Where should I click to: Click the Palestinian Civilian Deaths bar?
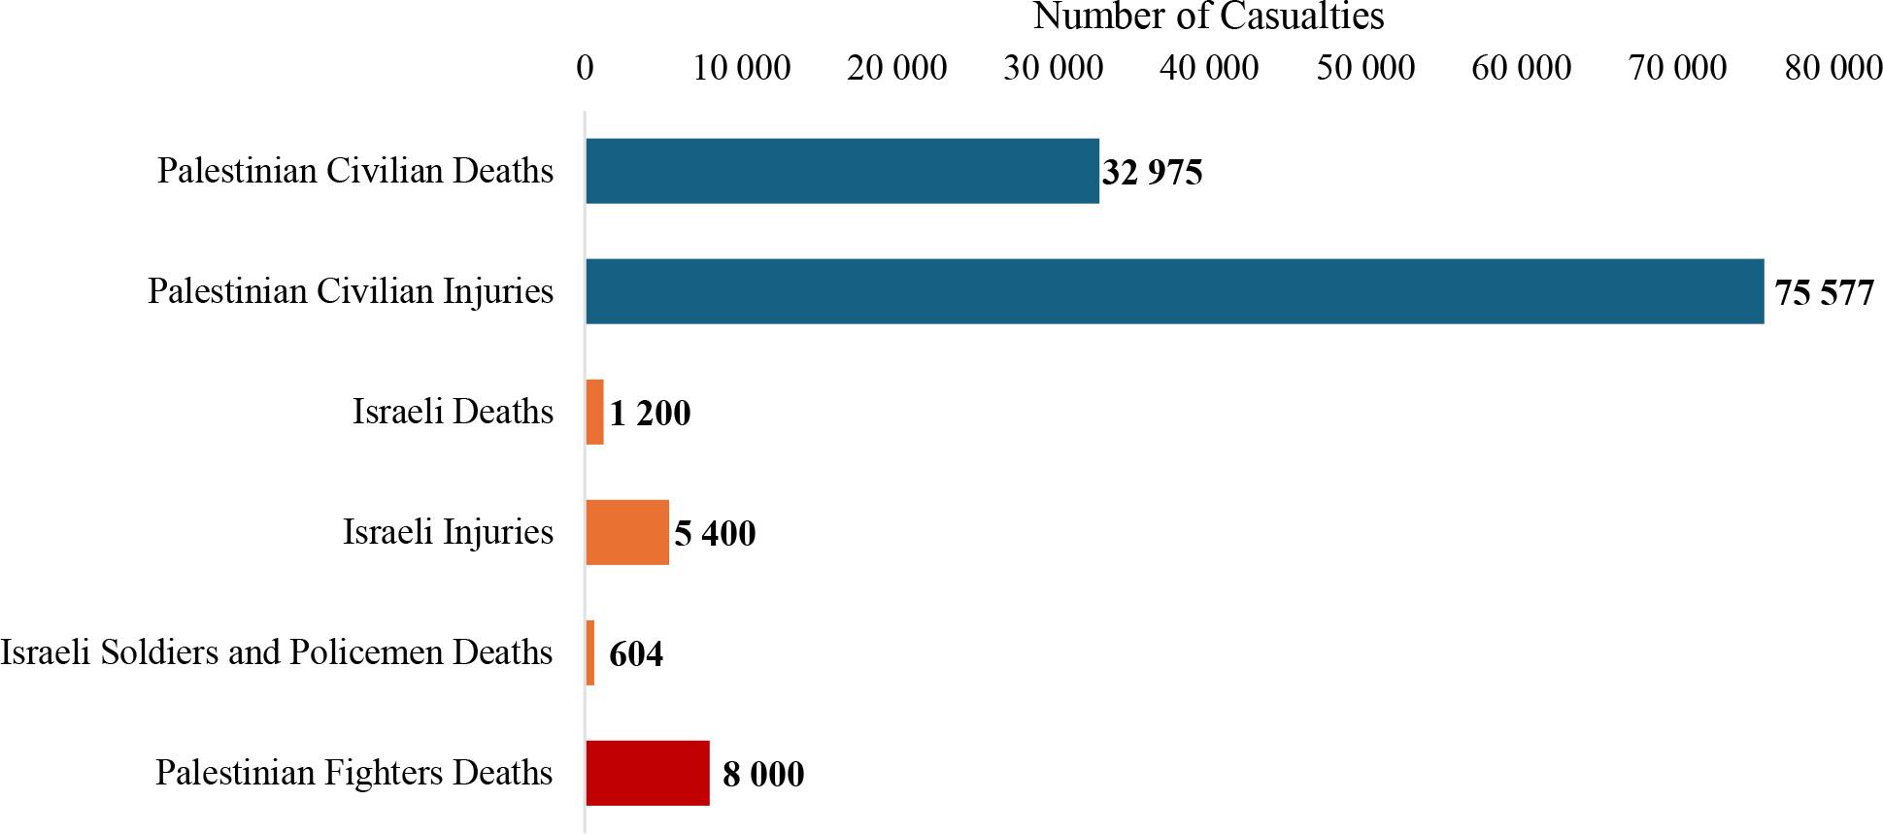click(842, 171)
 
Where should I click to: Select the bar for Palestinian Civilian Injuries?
click(1174, 291)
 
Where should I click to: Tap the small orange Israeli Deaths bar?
click(594, 412)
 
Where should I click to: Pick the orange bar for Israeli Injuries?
click(627, 532)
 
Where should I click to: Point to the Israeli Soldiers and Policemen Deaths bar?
click(590, 652)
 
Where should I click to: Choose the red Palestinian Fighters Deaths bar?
click(648, 773)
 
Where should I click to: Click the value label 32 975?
click(1152, 173)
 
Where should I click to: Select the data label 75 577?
click(1824, 293)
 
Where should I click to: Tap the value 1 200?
click(650, 414)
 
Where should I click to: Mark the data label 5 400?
click(715, 534)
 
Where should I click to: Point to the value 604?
click(636, 654)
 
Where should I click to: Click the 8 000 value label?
click(763, 775)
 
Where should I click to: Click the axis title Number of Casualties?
click(1208, 17)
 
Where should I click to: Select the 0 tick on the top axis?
click(585, 67)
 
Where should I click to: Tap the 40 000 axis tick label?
click(1209, 67)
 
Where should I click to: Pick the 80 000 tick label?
click(1833, 67)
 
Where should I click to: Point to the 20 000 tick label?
click(896, 67)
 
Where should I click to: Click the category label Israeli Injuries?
click(448, 532)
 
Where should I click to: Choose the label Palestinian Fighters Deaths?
click(353, 773)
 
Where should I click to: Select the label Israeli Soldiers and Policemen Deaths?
click(277, 652)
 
